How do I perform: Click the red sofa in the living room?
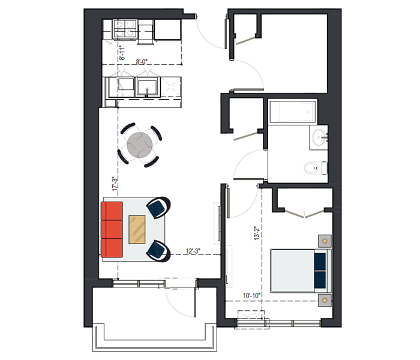pos(112,230)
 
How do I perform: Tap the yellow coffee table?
pos(137,230)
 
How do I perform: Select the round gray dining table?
pos(140,145)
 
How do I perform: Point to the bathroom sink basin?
pos(319,137)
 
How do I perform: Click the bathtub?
pos(292,112)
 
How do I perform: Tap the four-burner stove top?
pos(125,28)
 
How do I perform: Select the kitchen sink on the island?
pos(146,87)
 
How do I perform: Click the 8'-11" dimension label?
pos(122,53)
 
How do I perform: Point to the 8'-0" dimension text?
pos(142,62)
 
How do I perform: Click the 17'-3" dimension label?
pos(115,184)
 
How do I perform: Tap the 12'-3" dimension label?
pos(193,251)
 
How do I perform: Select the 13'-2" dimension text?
pos(257,233)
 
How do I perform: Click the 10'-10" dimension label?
pos(251,296)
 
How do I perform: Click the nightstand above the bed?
pos(325,241)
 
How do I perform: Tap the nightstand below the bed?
pos(325,300)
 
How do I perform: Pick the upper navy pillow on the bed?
pos(320,261)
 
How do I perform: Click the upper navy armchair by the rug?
pos(158,208)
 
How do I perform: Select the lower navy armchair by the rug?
pos(158,251)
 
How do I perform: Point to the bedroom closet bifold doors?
pos(305,214)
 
